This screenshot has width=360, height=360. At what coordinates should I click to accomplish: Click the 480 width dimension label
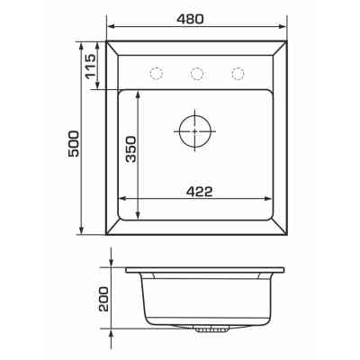[190, 19]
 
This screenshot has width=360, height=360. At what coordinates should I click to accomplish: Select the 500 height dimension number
[74, 143]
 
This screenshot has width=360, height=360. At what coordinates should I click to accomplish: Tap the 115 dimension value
[90, 67]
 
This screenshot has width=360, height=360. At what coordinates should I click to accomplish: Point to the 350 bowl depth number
[130, 149]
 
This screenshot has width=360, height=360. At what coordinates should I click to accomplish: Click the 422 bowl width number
[199, 192]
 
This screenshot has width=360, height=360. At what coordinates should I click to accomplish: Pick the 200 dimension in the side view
[103, 299]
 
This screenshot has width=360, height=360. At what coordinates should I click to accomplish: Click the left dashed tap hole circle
[156, 73]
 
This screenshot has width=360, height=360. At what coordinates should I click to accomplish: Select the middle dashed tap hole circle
[197, 73]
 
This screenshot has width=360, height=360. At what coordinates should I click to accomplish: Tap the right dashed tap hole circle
[238, 73]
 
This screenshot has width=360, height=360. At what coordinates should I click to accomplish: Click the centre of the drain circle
[195, 131]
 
